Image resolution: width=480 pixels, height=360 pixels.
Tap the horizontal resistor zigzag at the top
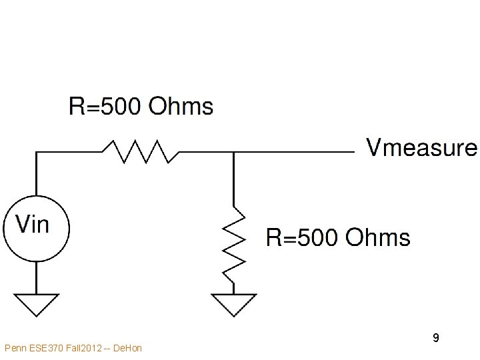click(140, 152)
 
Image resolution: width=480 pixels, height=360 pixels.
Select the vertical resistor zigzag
click(233, 243)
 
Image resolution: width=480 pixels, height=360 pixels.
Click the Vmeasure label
click(421, 148)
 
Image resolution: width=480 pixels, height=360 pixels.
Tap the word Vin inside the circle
click(32, 224)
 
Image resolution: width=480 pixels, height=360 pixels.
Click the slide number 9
click(435, 338)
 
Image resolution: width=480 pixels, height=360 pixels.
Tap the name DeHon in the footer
click(128, 348)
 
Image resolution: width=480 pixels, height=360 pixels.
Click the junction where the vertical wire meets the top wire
click(233, 152)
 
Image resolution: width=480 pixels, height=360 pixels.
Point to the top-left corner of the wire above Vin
click(36, 152)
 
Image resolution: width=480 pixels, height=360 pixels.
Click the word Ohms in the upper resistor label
click(181, 106)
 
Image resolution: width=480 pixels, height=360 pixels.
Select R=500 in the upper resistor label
click(105, 106)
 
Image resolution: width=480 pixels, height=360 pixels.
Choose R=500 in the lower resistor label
click(303, 237)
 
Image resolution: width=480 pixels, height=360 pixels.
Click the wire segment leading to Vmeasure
click(300, 152)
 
